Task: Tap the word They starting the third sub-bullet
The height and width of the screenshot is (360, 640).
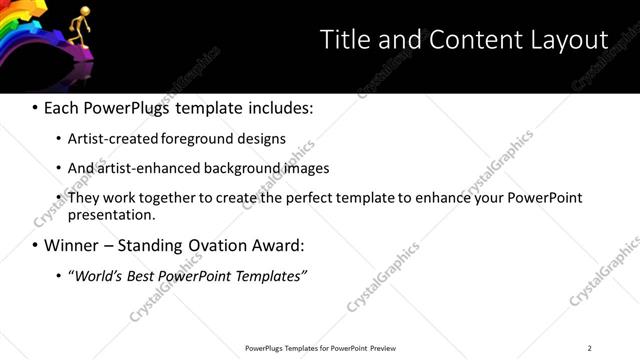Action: pos(84,198)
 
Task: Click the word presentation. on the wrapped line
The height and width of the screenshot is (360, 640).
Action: pos(111,214)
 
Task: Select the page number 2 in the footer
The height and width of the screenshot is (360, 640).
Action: pos(589,348)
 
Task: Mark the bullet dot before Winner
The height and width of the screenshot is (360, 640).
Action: pos(35,245)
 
